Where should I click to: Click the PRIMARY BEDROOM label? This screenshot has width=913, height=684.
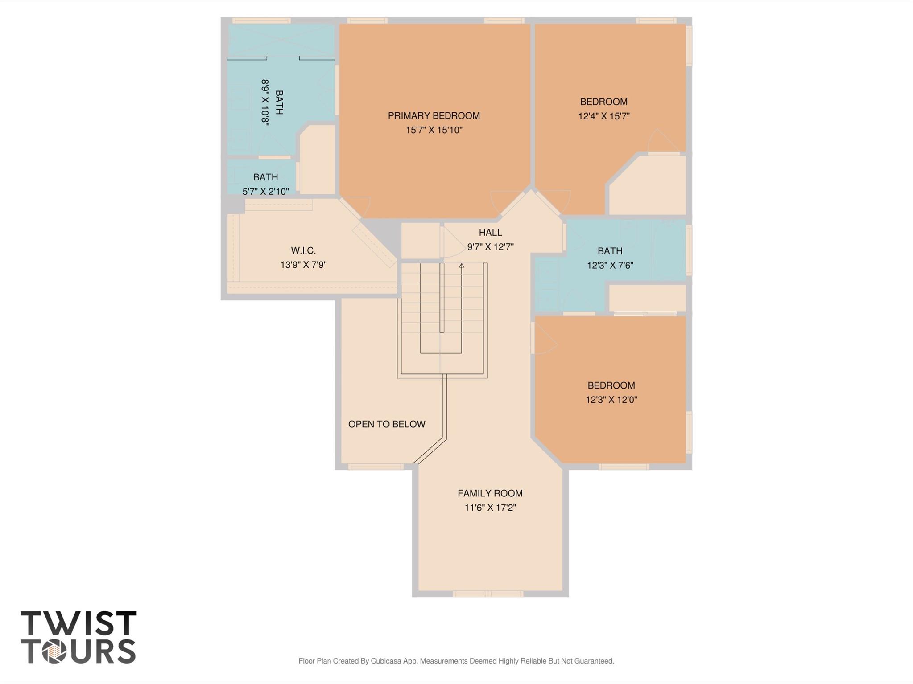(x=434, y=116)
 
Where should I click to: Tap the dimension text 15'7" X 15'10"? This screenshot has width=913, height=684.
(x=434, y=130)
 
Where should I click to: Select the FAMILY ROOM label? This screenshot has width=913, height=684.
(x=490, y=493)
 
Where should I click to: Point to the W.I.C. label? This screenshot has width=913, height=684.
(x=303, y=250)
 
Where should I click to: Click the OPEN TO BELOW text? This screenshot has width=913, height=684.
(x=387, y=424)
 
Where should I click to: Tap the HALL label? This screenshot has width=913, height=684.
(x=490, y=232)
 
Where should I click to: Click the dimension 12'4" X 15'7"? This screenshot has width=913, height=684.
(x=603, y=116)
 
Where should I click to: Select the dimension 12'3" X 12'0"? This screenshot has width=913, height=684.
(x=611, y=400)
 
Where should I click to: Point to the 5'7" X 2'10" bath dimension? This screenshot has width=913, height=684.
(x=265, y=192)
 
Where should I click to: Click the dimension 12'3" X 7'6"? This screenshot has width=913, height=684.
(x=610, y=266)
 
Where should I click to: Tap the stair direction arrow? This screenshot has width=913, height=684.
(x=462, y=266)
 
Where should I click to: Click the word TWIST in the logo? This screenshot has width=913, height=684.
(x=78, y=623)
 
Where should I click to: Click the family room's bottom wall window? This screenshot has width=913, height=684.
(x=488, y=594)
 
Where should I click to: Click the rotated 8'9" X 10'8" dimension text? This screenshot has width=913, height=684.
(x=265, y=102)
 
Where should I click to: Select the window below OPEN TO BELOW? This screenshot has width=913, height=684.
(x=376, y=467)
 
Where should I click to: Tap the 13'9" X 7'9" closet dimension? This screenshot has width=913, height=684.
(x=303, y=265)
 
